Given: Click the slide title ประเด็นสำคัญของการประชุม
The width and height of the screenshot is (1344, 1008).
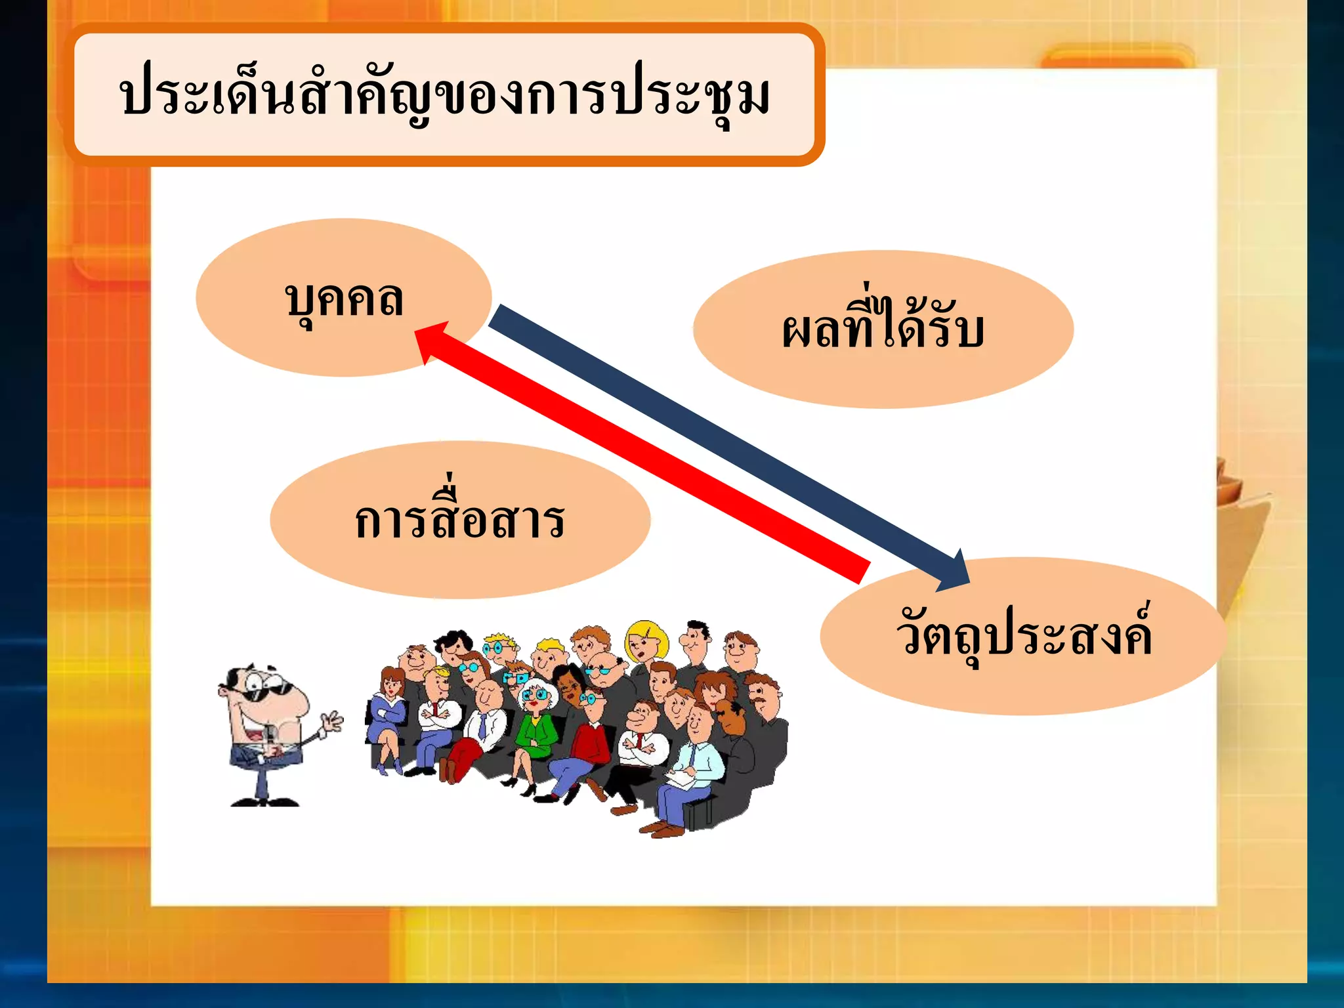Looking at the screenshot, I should pos(444,96).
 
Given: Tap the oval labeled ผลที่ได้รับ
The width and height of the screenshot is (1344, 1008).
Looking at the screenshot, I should pos(883,329).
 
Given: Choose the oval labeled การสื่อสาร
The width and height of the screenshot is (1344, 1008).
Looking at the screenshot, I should pos(459,520).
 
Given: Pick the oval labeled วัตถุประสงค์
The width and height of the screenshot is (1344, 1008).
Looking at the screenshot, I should pos(1023,635).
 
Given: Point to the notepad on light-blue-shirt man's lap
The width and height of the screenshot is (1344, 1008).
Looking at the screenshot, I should pos(682,778).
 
